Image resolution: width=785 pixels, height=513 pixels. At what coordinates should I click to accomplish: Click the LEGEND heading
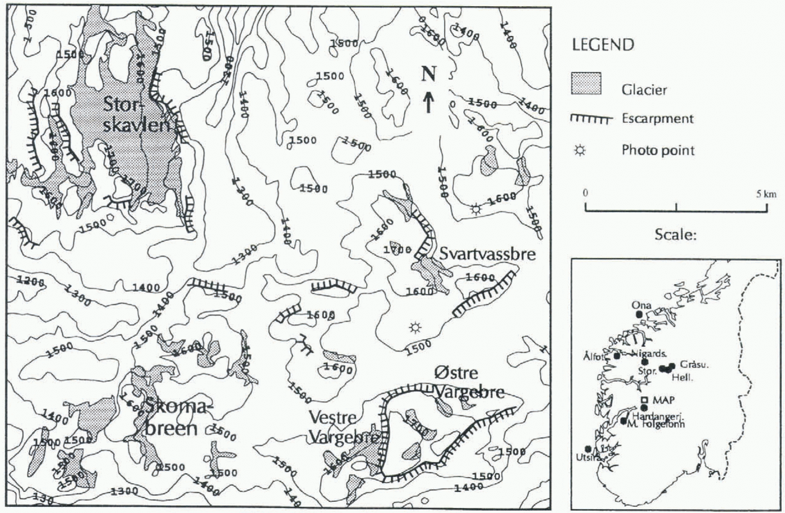[603, 44]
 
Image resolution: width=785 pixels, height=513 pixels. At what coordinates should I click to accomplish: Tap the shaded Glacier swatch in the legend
[586, 84]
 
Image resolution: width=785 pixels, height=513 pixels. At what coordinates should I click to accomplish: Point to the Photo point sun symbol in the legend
[580, 150]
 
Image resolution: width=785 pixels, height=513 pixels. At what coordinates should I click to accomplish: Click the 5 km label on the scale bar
[766, 194]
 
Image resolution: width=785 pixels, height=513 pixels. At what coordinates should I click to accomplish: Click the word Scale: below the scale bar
[676, 235]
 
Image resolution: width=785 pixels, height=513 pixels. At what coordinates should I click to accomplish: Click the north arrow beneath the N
[428, 102]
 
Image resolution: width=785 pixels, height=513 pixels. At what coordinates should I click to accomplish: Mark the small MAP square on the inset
[645, 400]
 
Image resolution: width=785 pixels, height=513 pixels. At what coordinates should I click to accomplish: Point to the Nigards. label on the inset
[648, 354]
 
